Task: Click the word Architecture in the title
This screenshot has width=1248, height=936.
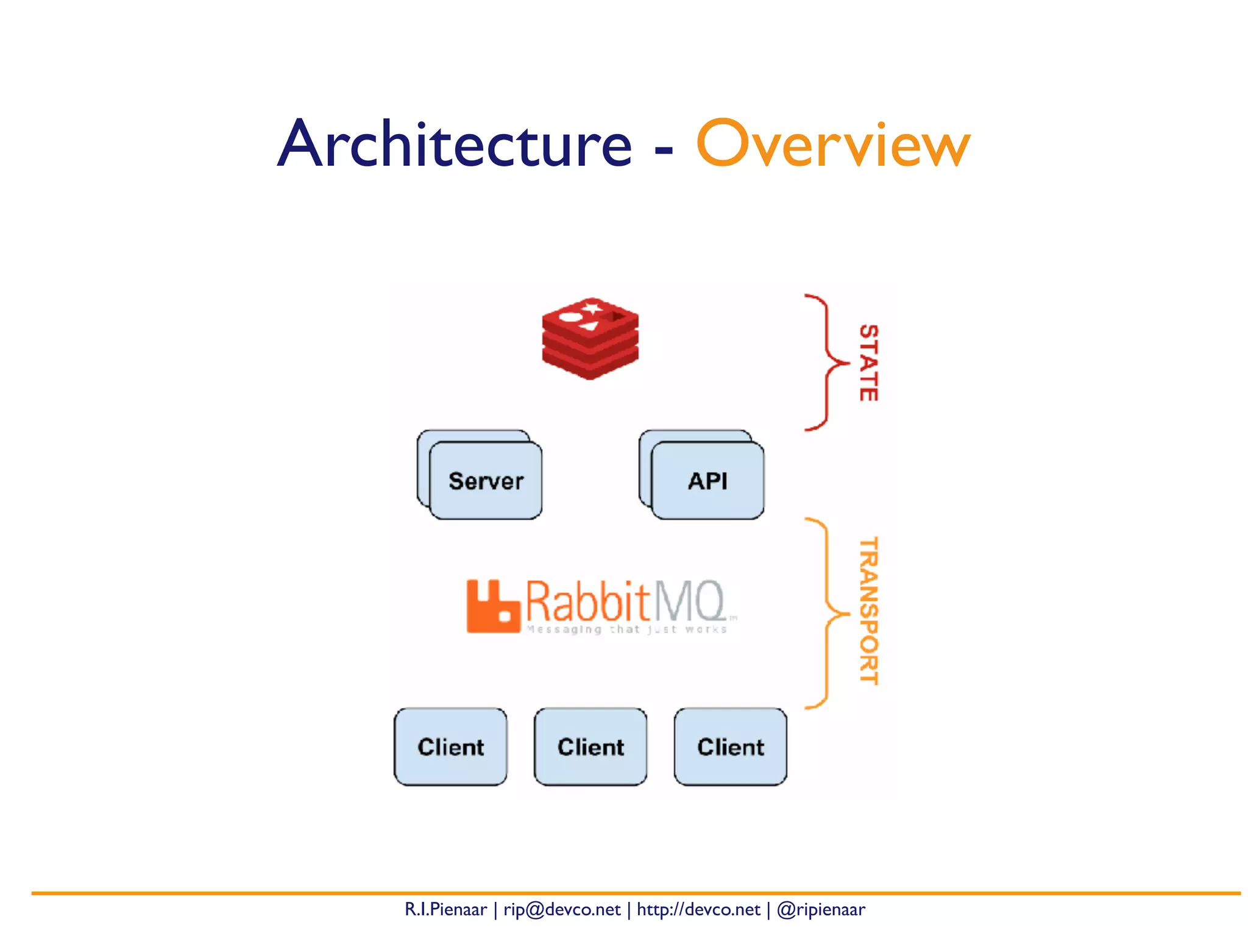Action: click(x=454, y=144)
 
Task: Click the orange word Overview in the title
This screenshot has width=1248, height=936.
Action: click(x=832, y=144)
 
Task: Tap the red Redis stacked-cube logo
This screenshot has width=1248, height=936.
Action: click(x=590, y=339)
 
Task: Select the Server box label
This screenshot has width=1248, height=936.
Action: click(x=486, y=481)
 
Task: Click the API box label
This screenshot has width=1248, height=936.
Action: click(x=707, y=481)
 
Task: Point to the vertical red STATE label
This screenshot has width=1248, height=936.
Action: click(x=868, y=363)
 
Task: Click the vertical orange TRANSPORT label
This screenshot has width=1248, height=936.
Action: click(x=868, y=611)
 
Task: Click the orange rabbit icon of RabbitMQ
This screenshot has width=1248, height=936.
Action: click(x=492, y=607)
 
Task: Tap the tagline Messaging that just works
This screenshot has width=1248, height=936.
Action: click(x=626, y=629)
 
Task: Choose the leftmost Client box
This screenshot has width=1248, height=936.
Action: click(x=450, y=747)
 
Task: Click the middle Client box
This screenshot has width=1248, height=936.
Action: click(x=590, y=747)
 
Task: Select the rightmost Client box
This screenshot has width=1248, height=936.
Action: click(x=730, y=747)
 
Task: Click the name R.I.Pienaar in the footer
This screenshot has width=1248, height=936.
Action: click(x=445, y=910)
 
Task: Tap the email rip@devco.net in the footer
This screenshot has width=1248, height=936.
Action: click(x=561, y=910)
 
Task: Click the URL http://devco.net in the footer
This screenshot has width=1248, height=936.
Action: click(x=698, y=910)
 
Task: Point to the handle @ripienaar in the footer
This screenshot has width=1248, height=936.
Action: click(x=821, y=910)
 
